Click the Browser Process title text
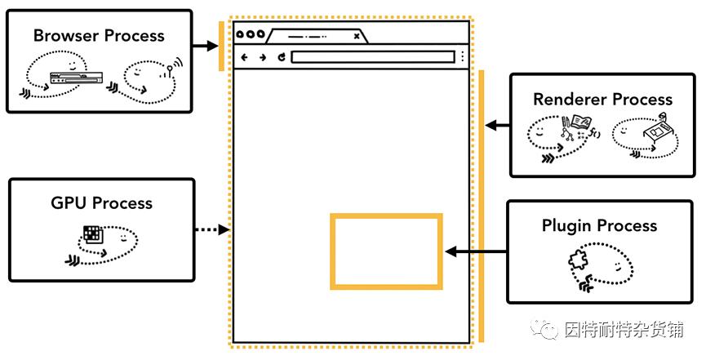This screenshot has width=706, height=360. pos(99,36)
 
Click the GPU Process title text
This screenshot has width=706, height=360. pos(102,203)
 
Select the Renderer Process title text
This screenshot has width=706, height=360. pos(602,100)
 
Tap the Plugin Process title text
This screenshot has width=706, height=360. pos(599,225)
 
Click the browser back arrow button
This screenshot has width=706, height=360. pos(245,57)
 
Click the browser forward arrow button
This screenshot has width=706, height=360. pos(263,57)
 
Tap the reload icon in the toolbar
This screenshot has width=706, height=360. pos(282,57)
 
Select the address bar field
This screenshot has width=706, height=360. pos(372,57)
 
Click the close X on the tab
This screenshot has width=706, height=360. pos(356,36)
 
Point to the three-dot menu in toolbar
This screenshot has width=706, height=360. pos(463,57)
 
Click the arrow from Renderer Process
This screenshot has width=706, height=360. pos(496,126)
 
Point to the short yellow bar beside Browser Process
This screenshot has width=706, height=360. pos(220,47)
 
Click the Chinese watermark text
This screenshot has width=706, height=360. pos(624,330)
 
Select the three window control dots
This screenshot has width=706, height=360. pos(249,35)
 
